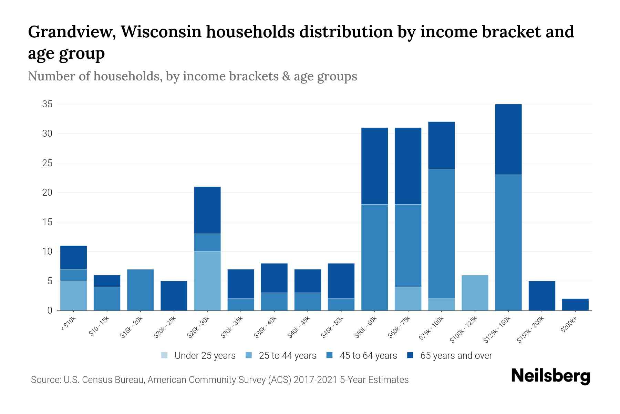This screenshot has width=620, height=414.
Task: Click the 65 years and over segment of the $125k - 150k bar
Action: (x=508, y=139)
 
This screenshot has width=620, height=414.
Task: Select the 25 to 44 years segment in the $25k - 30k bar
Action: (x=207, y=281)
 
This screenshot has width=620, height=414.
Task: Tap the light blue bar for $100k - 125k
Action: (x=475, y=293)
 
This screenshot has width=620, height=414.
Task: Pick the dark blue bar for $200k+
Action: (x=575, y=304)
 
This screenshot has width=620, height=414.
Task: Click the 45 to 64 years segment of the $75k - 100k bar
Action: (x=441, y=234)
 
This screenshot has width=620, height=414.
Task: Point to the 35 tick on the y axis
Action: (x=47, y=104)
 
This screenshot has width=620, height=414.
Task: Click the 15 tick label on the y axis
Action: (x=47, y=222)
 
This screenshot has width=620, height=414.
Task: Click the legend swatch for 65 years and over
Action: (x=410, y=355)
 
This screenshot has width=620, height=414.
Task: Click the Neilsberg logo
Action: (x=550, y=376)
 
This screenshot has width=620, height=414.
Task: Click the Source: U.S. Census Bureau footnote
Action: (x=219, y=380)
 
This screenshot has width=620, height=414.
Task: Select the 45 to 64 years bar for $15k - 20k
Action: (x=140, y=290)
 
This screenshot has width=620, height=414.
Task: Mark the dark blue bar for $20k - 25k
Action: (x=174, y=296)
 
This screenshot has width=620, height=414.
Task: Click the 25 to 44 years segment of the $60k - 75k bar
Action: (x=408, y=298)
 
